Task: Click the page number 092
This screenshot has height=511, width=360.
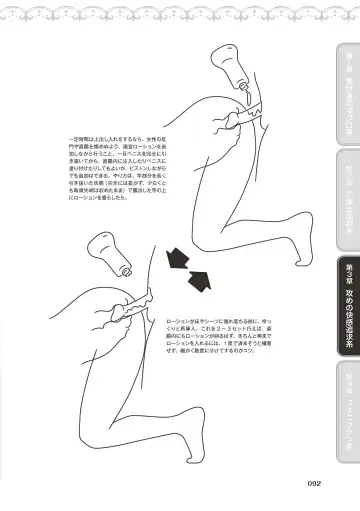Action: [x=312, y=483]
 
